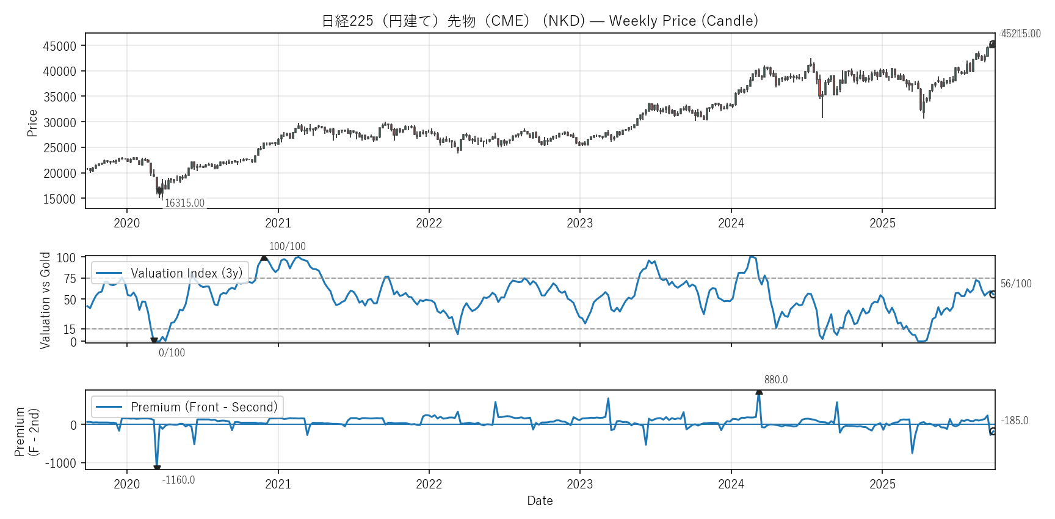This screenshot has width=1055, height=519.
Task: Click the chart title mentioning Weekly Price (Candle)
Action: point(540,21)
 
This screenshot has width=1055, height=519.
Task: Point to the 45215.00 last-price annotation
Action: point(1021,34)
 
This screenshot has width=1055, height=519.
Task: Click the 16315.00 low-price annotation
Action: point(184,203)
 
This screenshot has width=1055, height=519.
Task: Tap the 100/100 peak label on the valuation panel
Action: point(288,246)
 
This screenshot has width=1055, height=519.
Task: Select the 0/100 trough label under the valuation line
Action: point(172,353)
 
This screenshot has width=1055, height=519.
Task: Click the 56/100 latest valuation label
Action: point(1016,284)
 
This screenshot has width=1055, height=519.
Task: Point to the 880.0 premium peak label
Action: point(776,380)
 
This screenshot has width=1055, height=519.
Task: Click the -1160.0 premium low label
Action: point(178,480)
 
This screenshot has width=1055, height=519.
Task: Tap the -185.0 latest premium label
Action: point(1015,421)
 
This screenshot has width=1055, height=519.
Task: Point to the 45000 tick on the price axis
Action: point(60,46)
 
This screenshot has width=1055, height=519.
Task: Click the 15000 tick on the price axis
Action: point(60,199)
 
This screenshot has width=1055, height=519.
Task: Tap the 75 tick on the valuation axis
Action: point(70,279)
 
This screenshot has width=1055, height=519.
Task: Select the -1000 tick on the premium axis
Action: point(61,463)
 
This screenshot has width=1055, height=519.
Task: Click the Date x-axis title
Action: point(540,501)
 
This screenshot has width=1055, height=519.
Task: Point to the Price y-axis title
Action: point(32,123)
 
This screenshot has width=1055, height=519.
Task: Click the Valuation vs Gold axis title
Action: point(45,300)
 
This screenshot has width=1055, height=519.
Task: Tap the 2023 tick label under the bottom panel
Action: point(579,484)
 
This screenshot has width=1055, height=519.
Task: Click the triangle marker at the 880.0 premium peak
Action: point(759,392)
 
